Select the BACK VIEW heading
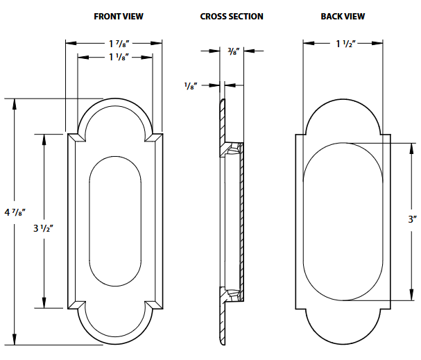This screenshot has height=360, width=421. (343, 16)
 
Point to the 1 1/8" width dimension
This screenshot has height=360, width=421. (114, 58)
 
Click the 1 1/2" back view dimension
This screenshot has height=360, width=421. (345, 44)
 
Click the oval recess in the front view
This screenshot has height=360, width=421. (116, 221)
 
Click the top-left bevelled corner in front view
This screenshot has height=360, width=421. (76, 138)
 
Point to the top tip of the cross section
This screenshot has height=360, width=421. (223, 101)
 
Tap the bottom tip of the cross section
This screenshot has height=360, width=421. (223, 342)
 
